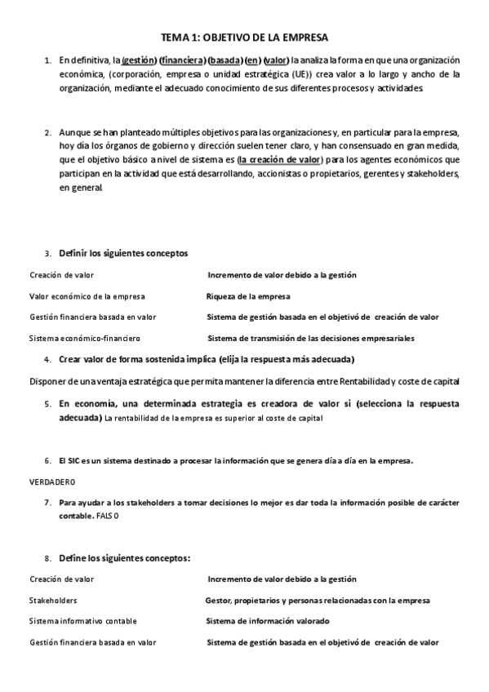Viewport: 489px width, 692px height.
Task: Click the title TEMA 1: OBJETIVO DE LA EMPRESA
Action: (x=244, y=38)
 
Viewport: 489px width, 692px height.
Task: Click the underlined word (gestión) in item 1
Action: (x=140, y=60)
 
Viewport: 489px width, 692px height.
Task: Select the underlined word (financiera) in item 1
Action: (x=183, y=60)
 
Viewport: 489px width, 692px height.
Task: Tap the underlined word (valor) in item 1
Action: (x=277, y=60)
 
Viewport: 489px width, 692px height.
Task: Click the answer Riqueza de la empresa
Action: (x=248, y=296)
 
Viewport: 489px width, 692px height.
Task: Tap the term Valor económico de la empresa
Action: (x=87, y=296)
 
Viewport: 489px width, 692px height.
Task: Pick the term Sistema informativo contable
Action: (x=83, y=621)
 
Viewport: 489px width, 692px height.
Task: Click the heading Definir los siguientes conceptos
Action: (x=123, y=253)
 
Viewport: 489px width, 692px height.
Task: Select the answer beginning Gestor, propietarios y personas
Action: (x=318, y=600)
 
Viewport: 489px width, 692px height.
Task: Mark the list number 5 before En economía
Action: (x=47, y=403)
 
